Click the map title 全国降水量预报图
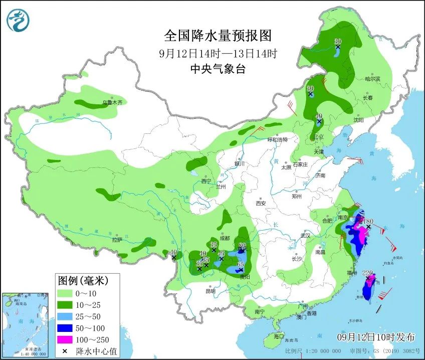(218, 36)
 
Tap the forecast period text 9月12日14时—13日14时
(218, 53)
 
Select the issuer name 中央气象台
(218, 69)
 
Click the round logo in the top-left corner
(18, 20)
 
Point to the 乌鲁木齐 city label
(112, 102)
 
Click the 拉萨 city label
(117, 240)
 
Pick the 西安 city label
(261, 203)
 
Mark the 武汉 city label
(305, 235)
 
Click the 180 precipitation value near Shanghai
(368, 221)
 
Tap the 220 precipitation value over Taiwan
(368, 273)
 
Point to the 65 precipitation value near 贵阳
(241, 264)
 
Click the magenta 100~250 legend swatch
(65, 339)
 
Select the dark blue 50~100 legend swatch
(65, 328)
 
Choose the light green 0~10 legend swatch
(65, 293)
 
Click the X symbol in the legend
(65, 350)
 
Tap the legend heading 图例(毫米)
(83, 279)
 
